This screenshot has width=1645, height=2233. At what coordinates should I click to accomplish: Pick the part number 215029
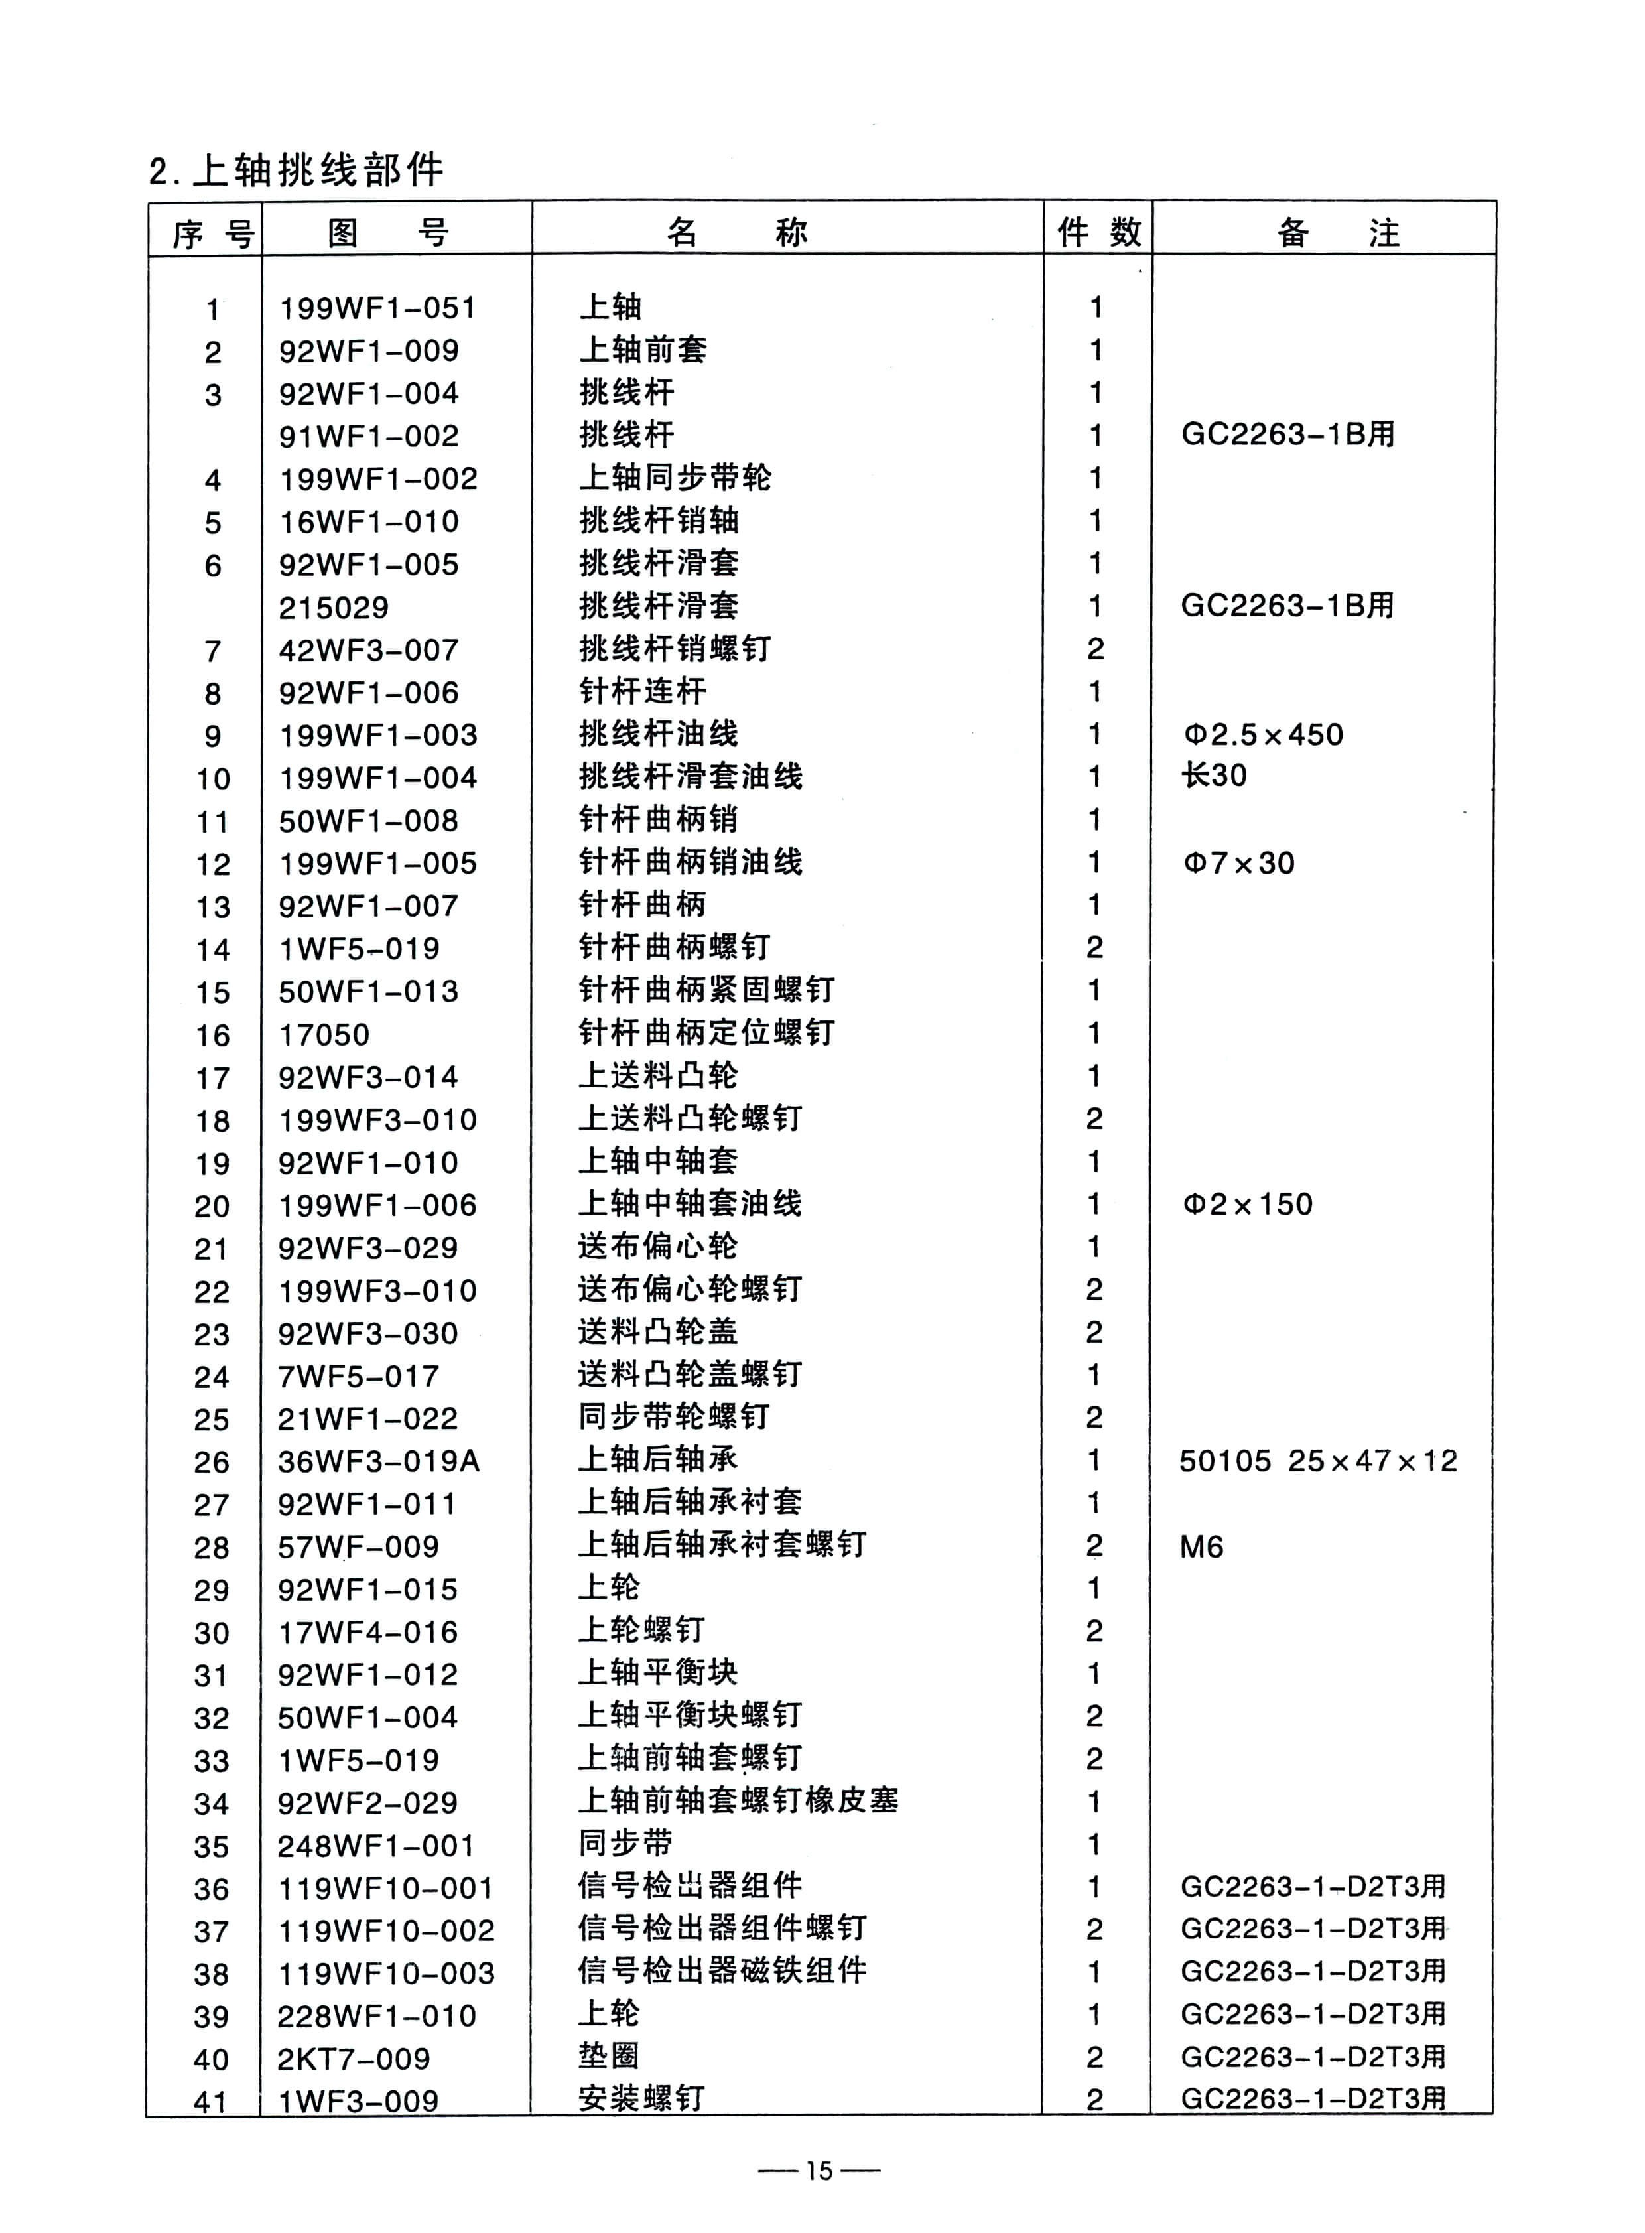pyautogui.click(x=334, y=608)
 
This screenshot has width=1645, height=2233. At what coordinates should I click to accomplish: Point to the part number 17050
pyautogui.click(x=324, y=1035)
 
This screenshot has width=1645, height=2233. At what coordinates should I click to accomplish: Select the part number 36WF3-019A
pyautogui.click(x=378, y=1461)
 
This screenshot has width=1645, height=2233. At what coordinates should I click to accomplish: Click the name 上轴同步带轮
pyautogui.click(x=675, y=478)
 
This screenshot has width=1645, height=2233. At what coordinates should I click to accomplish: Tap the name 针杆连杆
pyautogui.click(x=642, y=691)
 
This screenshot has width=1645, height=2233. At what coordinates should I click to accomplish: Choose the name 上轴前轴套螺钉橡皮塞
pyautogui.click(x=738, y=1802)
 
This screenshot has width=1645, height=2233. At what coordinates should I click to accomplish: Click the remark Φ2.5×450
pyautogui.click(x=1263, y=735)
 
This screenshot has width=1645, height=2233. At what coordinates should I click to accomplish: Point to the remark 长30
pyautogui.click(x=1214, y=776)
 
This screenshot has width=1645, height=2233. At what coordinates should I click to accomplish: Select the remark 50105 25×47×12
pyautogui.click(x=1317, y=1461)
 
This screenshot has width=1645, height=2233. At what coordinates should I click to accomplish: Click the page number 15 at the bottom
pyautogui.click(x=819, y=2169)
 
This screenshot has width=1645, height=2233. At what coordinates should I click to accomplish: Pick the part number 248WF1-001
pyautogui.click(x=375, y=1846)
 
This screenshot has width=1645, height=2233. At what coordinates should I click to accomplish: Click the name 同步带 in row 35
pyautogui.click(x=625, y=1844)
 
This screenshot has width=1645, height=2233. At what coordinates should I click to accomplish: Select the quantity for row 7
pyautogui.click(x=1095, y=649)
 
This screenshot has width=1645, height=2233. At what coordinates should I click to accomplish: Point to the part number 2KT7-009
pyautogui.click(x=354, y=2059)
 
